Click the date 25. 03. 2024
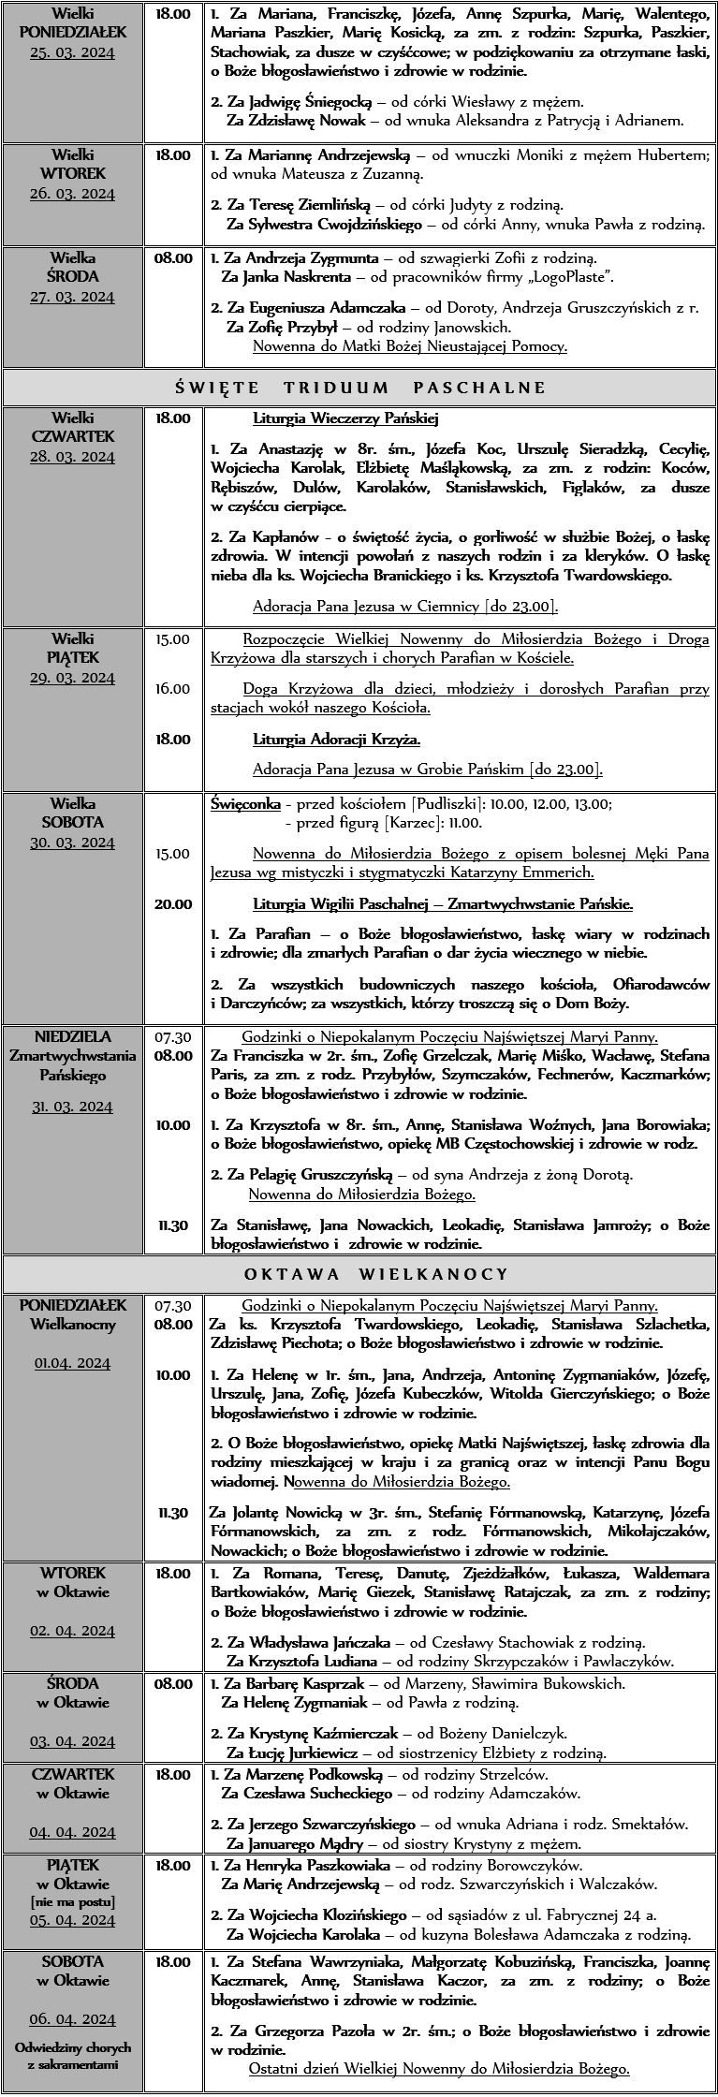(72, 52)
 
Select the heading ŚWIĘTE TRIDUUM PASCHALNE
(359, 388)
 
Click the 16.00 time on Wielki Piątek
(172, 689)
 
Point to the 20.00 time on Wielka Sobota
(172, 904)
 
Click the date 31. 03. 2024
(72, 1107)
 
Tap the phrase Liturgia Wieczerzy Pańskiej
(345, 418)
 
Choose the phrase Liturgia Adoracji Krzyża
(336, 740)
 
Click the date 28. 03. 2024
(72, 457)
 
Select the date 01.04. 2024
(72, 1363)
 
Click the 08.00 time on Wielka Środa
(173, 257)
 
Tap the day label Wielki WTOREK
(72, 164)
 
